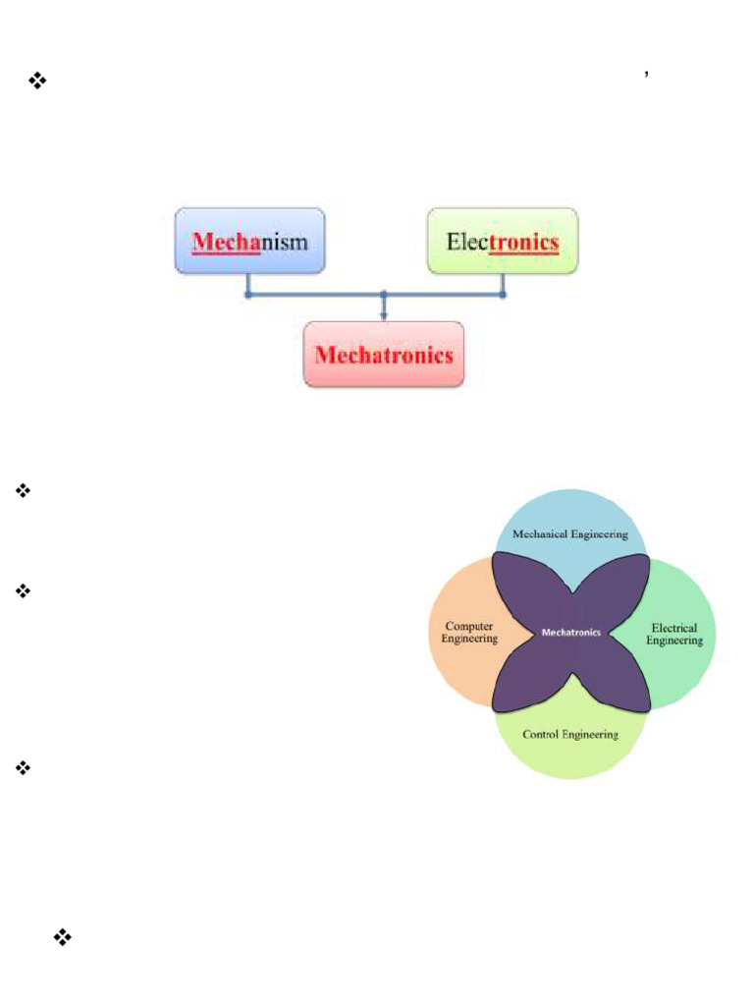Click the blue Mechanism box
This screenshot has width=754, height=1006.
point(249,240)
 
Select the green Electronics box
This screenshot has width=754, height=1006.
point(503,240)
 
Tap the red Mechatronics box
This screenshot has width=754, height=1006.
point(383,354)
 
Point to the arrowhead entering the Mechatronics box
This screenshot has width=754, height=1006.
point(383,315)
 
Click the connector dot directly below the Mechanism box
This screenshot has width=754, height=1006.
point(248,294)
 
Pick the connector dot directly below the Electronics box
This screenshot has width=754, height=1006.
point(503,294)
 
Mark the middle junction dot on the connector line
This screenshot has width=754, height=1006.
point(383,294)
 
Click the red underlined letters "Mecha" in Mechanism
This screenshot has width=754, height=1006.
point(226,242)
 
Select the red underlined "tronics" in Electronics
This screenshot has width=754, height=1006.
point(523,242)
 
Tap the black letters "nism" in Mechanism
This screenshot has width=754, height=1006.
point(284,242)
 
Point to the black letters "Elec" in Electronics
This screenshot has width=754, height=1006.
point(466,242)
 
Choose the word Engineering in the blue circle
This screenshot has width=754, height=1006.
point(600,534)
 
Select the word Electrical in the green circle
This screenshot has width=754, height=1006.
point(674,628)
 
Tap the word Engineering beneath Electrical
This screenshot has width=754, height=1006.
point(674,641)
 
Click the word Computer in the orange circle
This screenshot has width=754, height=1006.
point(469,626)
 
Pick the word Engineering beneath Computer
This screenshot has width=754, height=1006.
point(469,639)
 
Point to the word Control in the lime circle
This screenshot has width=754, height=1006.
point(541,734)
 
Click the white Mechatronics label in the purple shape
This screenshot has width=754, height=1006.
point(570,633)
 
